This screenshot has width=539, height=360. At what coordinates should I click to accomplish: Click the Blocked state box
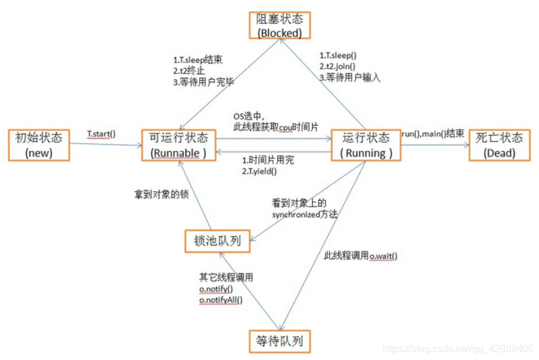tap(279, 25)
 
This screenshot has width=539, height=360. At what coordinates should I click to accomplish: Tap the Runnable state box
tap(180, 145)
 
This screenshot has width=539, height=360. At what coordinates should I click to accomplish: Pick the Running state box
tap(366, 145)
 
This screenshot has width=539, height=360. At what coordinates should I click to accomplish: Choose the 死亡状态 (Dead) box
tap(499, 145)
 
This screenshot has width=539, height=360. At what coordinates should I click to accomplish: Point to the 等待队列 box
tap(279, 341)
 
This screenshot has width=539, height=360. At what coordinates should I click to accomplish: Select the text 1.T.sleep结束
tap(197, 61)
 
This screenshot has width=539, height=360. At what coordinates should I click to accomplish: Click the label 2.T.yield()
tap(260, 171)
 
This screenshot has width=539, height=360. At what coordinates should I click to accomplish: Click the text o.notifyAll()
tap(221, 300)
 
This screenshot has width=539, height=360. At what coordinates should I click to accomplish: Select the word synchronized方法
tap(305, 215)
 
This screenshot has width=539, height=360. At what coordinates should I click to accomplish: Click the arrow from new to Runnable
tap(105, 145)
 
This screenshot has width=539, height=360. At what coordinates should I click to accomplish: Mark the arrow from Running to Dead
tap(435, 145)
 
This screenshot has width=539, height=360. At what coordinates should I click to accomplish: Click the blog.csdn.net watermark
tap(457, 349)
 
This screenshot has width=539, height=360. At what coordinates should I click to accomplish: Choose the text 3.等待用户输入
tap(350, 78)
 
